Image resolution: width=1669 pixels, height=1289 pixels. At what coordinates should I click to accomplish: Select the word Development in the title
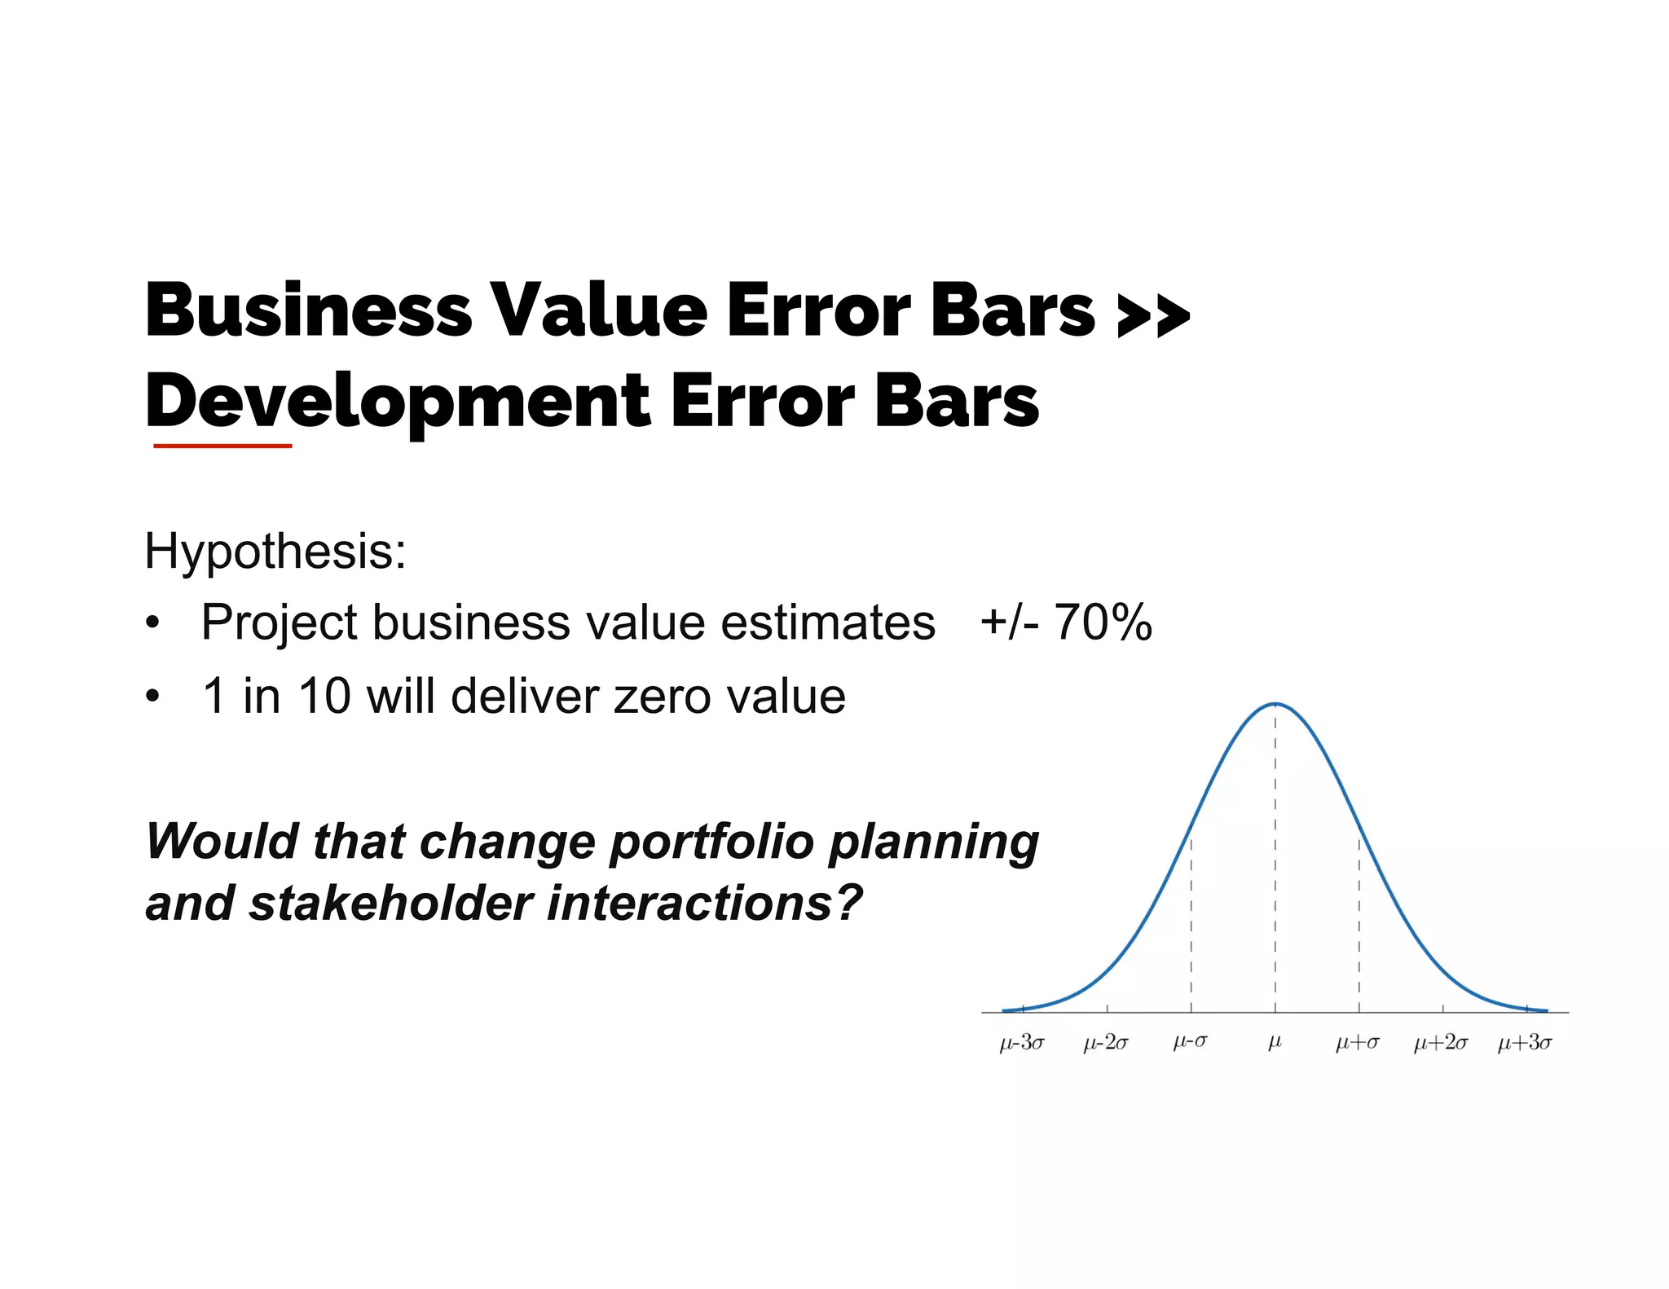[x=398, y=401]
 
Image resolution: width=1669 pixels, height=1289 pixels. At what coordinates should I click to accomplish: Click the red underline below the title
[x=222, y=446]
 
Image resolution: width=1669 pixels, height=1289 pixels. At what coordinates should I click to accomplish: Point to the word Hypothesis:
[x=275, y=552]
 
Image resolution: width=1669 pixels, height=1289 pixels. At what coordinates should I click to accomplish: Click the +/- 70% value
[x=1065, y=623]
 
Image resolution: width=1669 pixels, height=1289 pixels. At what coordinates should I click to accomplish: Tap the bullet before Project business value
[x=152, y=624]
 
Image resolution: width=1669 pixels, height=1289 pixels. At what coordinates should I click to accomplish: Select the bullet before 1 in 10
[x=152, y=697]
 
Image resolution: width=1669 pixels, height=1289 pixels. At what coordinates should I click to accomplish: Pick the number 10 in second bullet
[x=324, y=697]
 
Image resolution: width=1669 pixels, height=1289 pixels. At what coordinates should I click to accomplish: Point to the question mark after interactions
[x=848, y=903]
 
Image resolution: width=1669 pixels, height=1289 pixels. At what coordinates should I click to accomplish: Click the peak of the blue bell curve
[x=1275, y=704]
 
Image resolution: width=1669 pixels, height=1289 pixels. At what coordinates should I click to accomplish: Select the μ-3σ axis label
[x=1022, y=1042]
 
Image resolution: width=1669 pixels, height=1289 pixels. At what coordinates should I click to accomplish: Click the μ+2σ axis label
[x=1441, y=1042]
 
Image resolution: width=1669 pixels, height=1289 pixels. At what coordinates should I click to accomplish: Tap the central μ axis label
[x=1275, y=1042]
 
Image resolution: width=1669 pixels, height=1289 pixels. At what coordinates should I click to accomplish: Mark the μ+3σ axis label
[x=1525, y=1042]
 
